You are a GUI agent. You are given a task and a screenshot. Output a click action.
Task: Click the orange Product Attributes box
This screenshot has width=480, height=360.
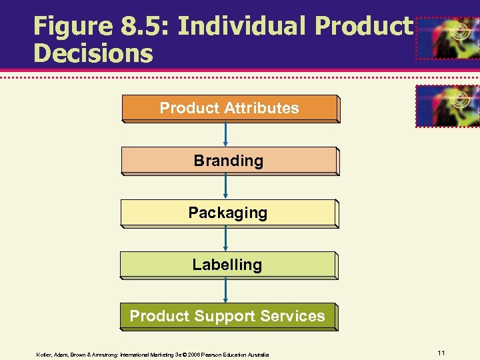pyautogui.click(x=229, y=108)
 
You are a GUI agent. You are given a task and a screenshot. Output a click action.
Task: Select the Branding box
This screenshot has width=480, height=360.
pyautogui.click(x=229, y=161)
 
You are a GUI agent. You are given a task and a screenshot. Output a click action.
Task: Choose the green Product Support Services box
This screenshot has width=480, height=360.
pyautogui.click(x=227, y=316)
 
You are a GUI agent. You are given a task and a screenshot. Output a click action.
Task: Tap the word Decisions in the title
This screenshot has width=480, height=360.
pyautogui.click(x=93, y=53)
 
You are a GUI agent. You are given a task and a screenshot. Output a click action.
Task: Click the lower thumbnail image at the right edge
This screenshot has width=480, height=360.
pyautogui.click(x=447, y=105)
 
